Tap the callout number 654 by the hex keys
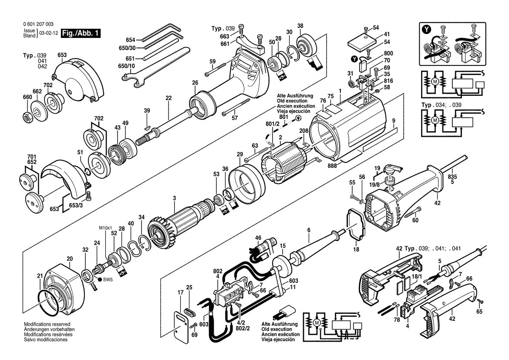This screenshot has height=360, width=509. tap(130, 39)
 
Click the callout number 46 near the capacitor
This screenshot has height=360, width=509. tap(258, 238)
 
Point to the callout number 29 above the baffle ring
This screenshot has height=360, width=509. tap(239, 155)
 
